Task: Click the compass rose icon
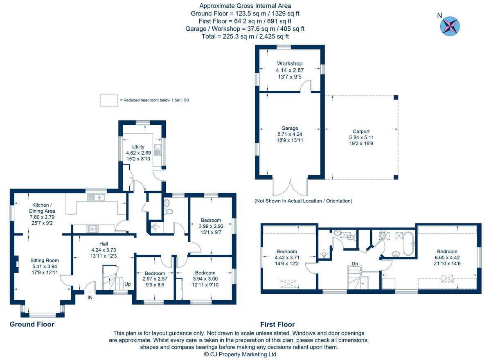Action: [x=450, y=25]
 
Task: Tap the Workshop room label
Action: [x=289, y=63]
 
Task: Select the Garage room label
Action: [x=289, y=128]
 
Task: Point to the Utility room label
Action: [x=138, y=146]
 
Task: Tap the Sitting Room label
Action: [x=45, y=260]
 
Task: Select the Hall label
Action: [x=103, y=244]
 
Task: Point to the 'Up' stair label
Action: [x=128, y=284]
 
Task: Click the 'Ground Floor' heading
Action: [x=32, y=324]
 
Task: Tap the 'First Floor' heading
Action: [x=277, y=324]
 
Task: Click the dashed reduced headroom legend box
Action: [x=109, y=100]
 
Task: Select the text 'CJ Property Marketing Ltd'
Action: [x=243, y=354]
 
